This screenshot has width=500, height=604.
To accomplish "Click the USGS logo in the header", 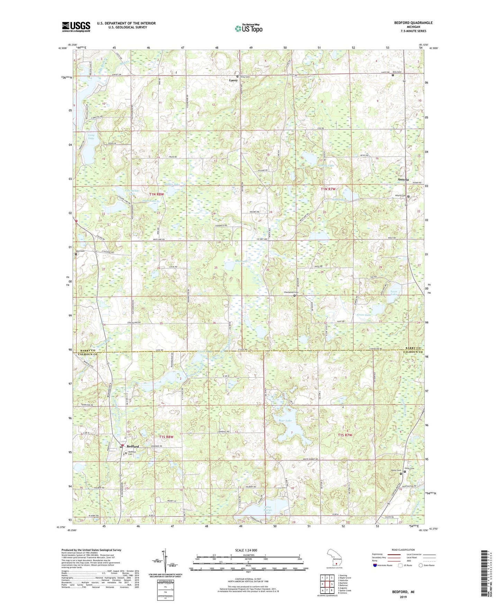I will [76, 27].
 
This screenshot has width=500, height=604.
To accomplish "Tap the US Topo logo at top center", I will [248, 29].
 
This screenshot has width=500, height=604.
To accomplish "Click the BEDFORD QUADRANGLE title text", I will [413, 23].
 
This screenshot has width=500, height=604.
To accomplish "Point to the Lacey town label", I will [234, 80].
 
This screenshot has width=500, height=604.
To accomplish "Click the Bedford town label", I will [133, 447].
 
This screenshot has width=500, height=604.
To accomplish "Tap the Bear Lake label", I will [285, 421].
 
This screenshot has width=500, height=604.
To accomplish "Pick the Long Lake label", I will [91, 137].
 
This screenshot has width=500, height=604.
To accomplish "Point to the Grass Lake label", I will [364, 315].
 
